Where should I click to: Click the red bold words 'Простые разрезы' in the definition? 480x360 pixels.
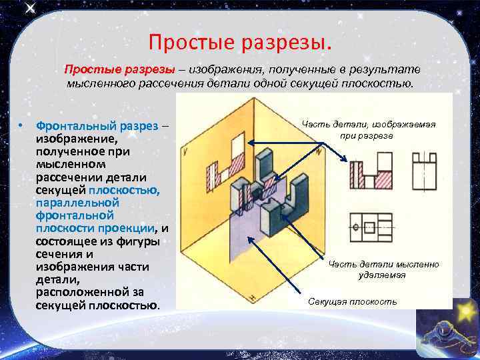tap(119, 70)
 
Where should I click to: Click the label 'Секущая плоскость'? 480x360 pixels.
tap(352, 302)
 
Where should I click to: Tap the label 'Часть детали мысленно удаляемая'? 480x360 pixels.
tap(383, 269)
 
